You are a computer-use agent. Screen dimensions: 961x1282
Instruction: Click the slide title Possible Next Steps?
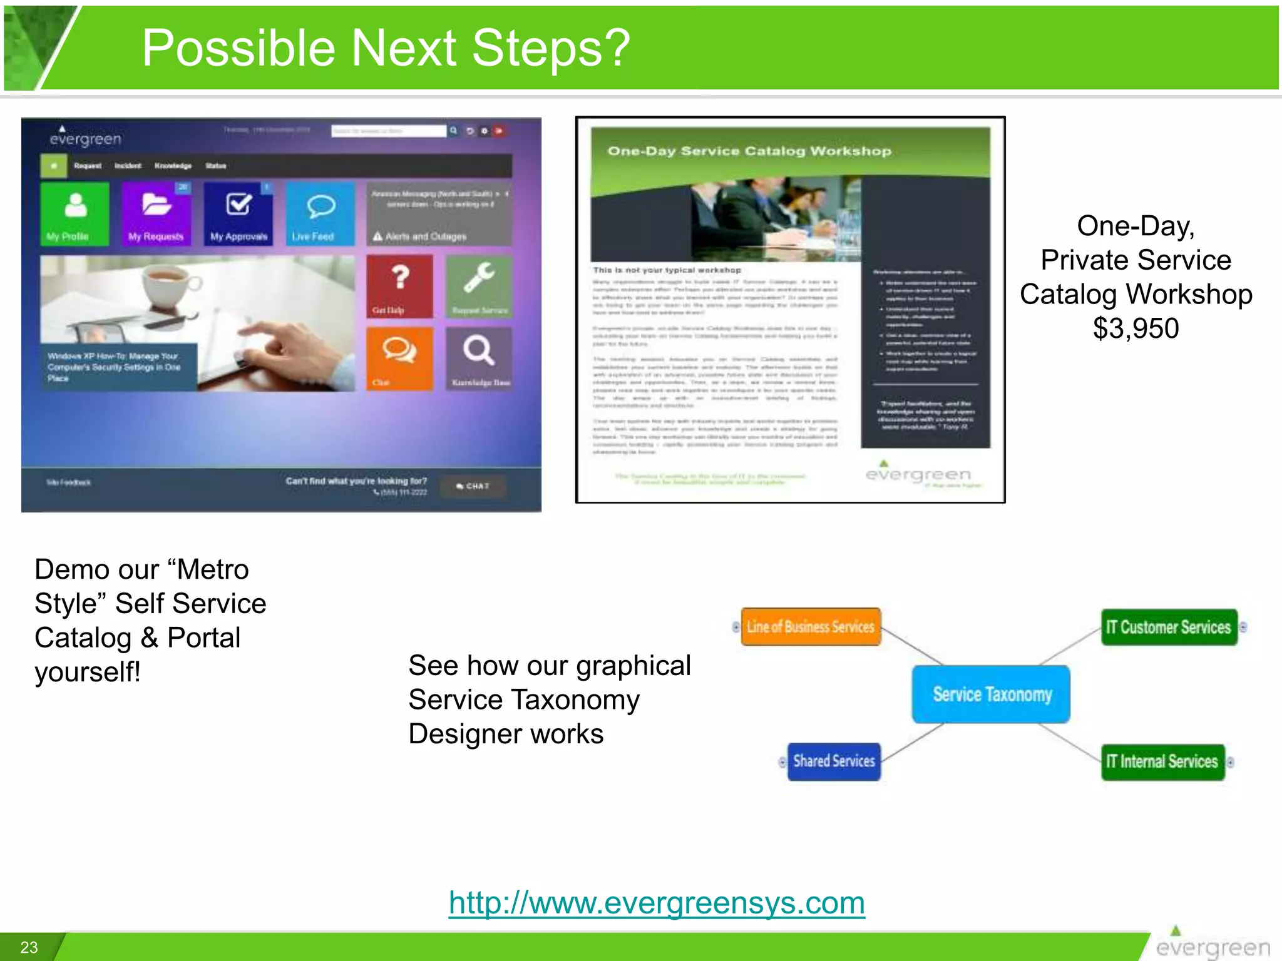coord(386,49)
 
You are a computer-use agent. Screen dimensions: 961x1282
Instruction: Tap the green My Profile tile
coord(75,213)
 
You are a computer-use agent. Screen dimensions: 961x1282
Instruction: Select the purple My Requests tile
coord(156,213)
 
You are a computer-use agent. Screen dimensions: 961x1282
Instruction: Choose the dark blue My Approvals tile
coord(238,213)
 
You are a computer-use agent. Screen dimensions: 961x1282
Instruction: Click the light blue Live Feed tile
coord(320,213)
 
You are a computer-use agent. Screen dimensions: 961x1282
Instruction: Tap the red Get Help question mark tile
coord(399,286)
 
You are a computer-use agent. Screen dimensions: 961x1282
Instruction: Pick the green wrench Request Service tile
coord(479,286)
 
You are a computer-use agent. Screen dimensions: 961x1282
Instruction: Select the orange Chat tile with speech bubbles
coord(399,358)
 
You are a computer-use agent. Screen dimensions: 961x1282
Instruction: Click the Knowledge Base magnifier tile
coord(479,358)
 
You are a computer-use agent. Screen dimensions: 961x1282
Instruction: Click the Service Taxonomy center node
coord(991,694)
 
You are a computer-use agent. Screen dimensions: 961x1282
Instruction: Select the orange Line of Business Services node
coord(811,626)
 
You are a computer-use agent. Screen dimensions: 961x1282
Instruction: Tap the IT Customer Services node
coord(1169,627)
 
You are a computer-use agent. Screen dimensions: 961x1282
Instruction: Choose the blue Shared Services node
coord(834,761)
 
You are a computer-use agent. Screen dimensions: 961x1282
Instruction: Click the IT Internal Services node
coord(1162,761)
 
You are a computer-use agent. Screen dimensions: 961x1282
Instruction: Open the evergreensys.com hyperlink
coord(657,903)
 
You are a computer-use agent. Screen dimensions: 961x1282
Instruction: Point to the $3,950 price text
coord(1136,328)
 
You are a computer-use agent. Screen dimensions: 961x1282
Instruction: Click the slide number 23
coord(29,947)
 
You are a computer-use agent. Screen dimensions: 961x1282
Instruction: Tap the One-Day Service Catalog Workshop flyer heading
coord(749,151)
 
